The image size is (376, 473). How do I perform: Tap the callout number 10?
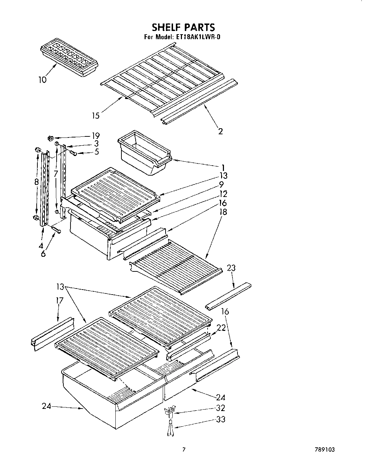coord(42,80)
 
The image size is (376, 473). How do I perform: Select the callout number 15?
coord(96,116)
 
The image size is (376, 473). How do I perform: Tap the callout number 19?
coord(95,136)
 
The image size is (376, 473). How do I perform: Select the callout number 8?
coord(37,182)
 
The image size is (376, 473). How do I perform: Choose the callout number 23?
coord(231,268)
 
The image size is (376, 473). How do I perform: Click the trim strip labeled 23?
coord(228,295)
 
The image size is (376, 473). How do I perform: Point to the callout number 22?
coord(221,328)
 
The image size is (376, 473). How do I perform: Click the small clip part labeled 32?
coord(168,412)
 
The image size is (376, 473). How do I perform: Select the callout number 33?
coord(221,419)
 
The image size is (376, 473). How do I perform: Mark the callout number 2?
coord(220,131)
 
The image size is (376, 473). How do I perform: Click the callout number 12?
coord(224,194)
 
